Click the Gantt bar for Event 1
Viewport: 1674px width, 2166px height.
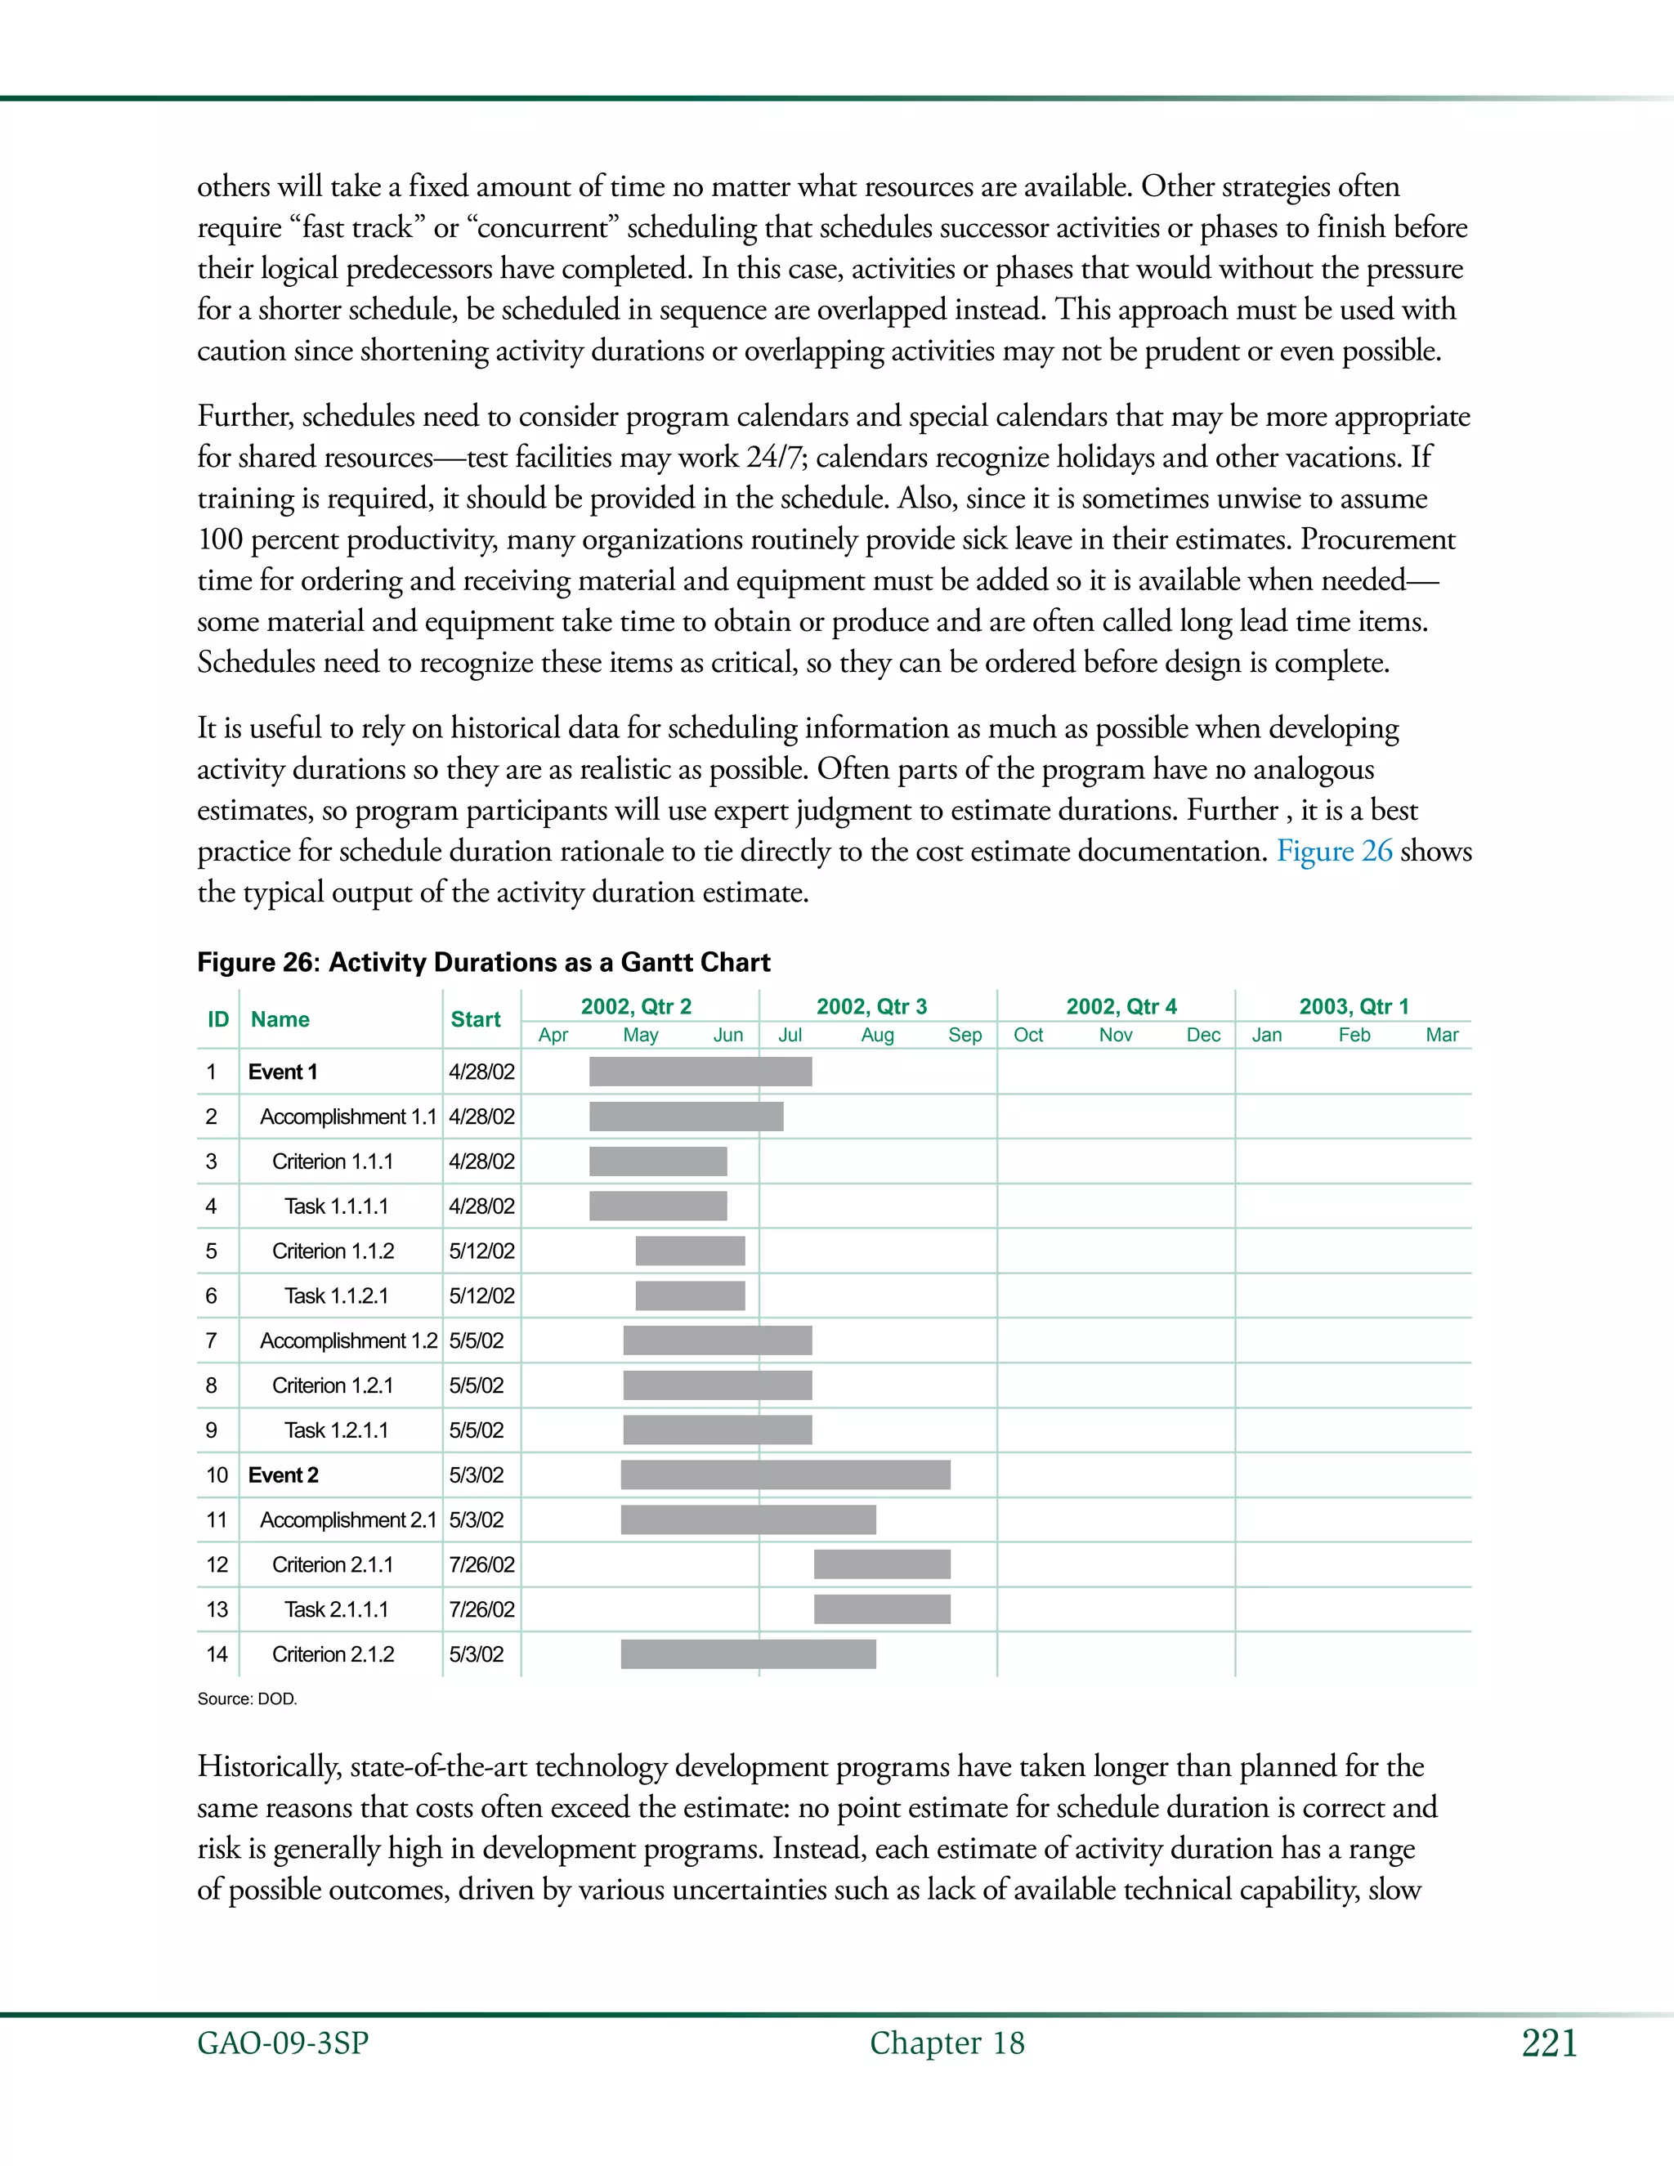click(x=700, y=1071)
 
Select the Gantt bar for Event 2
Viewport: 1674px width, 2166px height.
click(x=786, y=1475)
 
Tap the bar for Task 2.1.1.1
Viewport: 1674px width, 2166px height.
click(x=882, y=1609)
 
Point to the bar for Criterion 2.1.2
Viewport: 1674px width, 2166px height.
click(x=748, y=1654)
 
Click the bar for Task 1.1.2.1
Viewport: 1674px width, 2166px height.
click(x=690, y=1296)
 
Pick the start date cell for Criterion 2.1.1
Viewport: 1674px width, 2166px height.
click(x=482, y=1564)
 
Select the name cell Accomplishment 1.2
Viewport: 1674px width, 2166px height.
click(x=348, y=1340)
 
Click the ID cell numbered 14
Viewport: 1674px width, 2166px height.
click(x=216, y=1654)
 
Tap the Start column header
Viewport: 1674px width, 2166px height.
click(x=475, y=1019)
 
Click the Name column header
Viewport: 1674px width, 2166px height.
click(x=280, y=1019)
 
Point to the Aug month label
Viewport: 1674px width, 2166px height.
click(x=877, y=1036)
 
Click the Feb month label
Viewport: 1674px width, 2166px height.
click(x=1354, y=1036)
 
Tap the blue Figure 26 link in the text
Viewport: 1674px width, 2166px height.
click(x=1334, y=851)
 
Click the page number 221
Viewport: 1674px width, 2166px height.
click(x=1549, y=2044)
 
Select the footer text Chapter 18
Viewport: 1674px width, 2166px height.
click(x=947, y=2044)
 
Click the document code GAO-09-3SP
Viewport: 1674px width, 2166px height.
click(x=283, y=2044)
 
